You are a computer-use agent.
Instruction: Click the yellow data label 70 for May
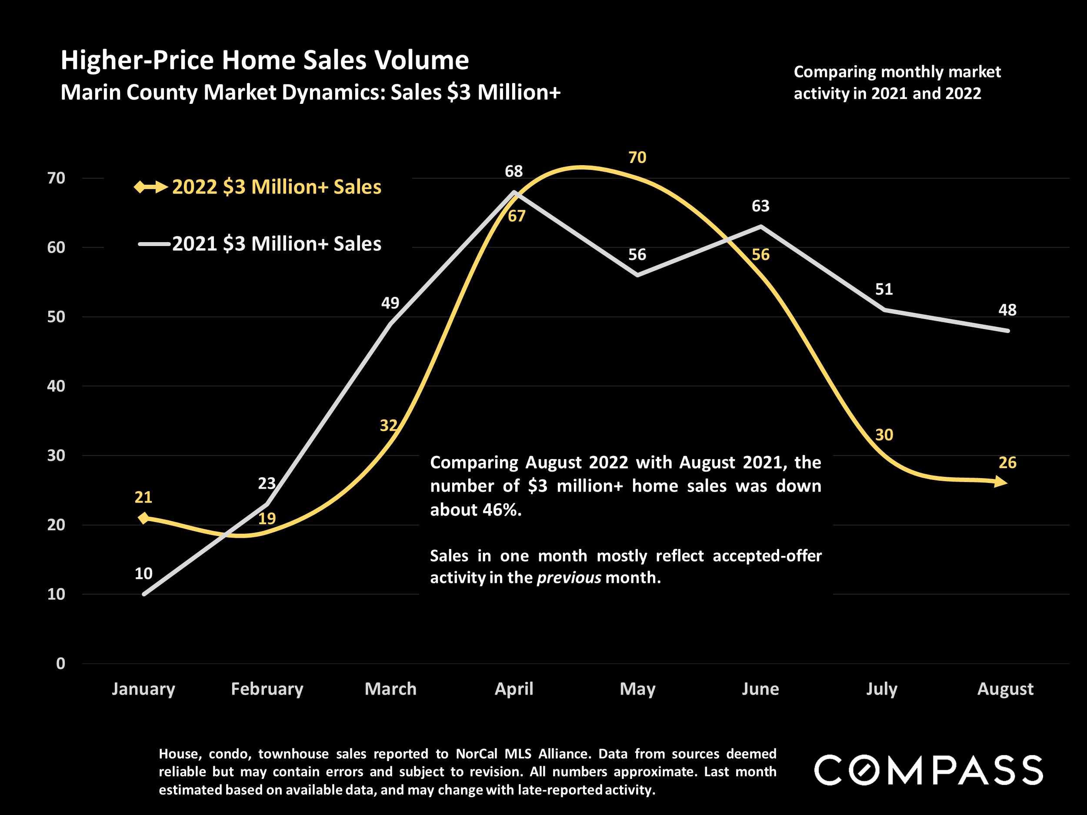click(x=637, y=158)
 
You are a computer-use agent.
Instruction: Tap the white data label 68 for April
click(x=513, y=171)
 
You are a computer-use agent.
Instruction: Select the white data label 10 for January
click(x=143, y=573)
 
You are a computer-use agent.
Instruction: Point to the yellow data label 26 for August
click(x=1007, y=462)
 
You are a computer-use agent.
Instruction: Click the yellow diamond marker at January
click(x=143, y=518)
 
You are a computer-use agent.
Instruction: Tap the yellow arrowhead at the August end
click(x=1000, y=482)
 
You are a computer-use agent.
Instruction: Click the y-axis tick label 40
click(x=56, y=386)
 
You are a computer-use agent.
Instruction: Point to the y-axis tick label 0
click(x=60, y=664)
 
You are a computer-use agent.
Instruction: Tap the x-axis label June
click(x=760, y=689)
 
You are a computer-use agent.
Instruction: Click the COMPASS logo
click(x=928, y=770)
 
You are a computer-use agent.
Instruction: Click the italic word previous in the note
click(x=569, y=577)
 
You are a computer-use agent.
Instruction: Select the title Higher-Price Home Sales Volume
click(x=264, y=60)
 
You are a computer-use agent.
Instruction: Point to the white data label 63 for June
click(x=760, y=206)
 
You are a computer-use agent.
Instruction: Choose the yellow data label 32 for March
click(x=388, y=426)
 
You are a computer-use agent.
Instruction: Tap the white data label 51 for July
click(x=884, y=289)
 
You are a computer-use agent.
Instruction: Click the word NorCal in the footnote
click(x=475, y=754)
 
